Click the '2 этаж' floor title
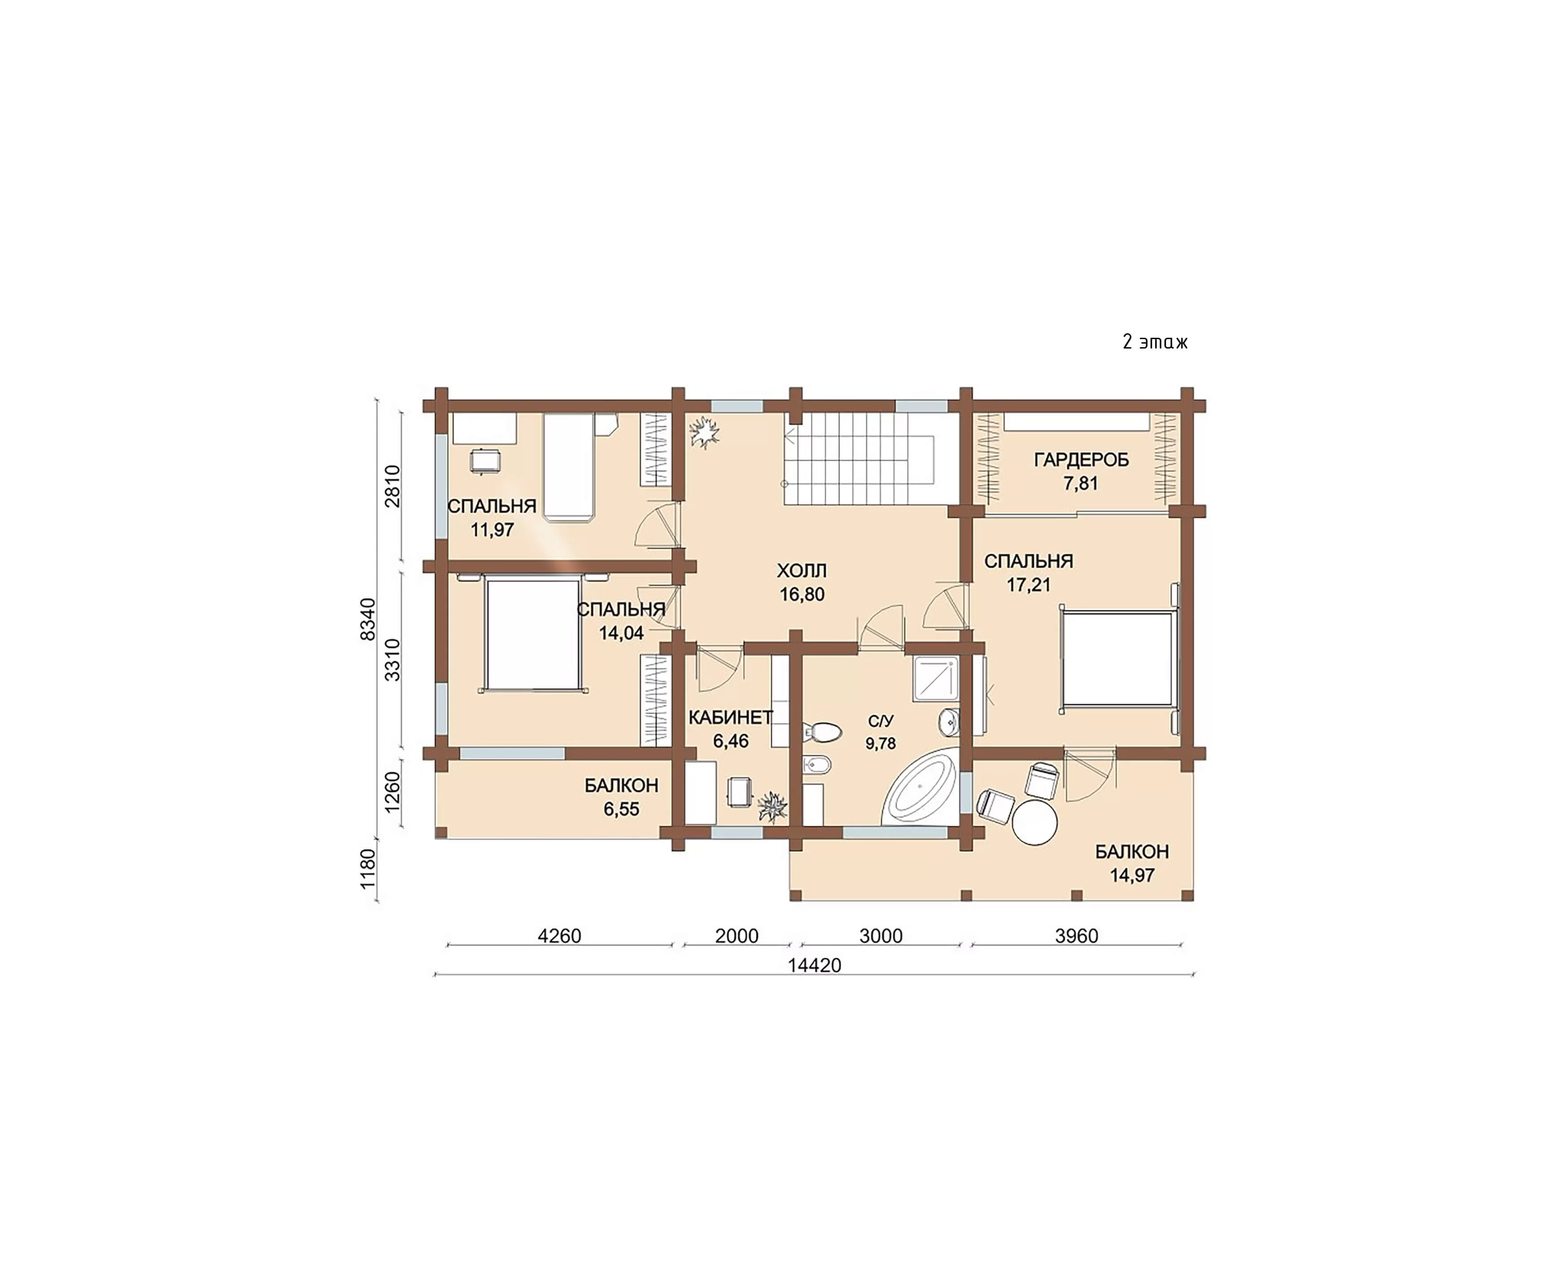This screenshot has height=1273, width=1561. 1154,342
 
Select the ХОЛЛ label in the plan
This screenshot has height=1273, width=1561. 802,571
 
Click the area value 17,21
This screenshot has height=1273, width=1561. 1029,584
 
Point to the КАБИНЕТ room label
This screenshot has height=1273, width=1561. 731,717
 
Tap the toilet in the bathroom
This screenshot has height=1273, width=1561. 821,731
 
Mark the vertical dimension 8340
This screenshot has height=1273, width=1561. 368,619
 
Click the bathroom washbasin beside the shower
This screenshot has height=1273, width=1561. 948,722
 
